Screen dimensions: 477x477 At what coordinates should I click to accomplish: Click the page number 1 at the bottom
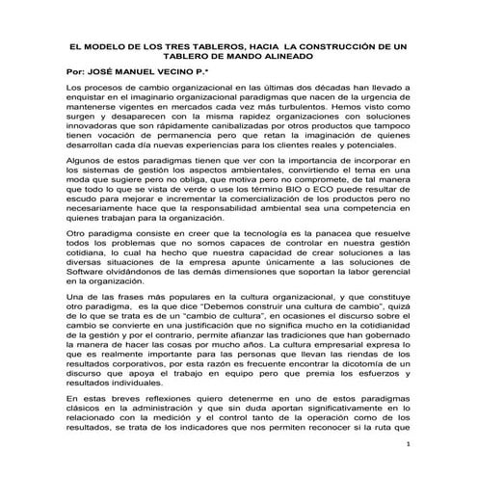(410, 446)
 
